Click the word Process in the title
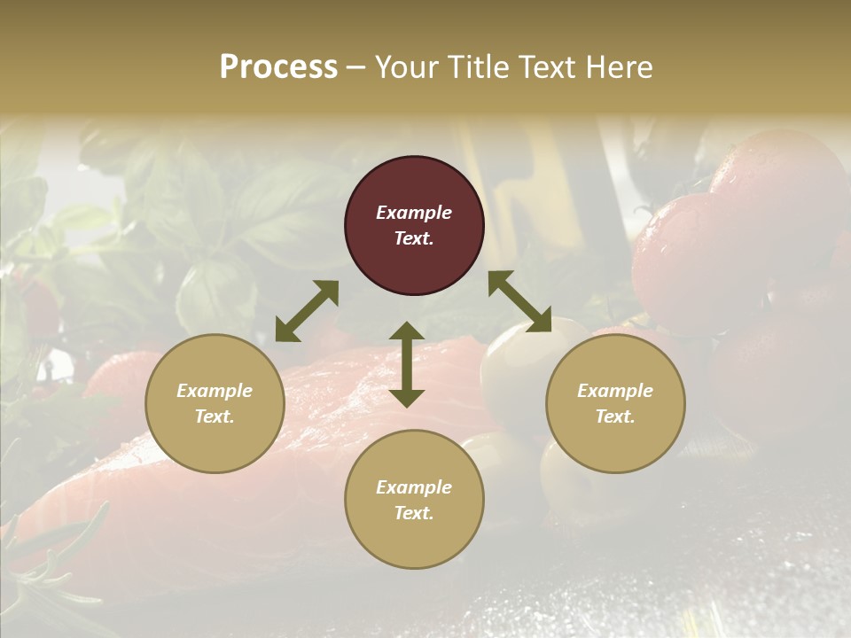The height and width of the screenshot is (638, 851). coord(278,67)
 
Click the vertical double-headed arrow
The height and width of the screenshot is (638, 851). coord(407,364)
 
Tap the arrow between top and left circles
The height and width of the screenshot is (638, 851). coord(307,311)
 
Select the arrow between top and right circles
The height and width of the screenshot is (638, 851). coord(519,301)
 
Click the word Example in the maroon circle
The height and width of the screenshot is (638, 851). coord(414,213)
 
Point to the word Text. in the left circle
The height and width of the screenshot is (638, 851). coord(215,416)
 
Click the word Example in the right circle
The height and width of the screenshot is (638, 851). coord(615,391)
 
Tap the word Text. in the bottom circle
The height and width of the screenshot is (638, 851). coord(414,513)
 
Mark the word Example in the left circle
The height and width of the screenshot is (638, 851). coord(215,391)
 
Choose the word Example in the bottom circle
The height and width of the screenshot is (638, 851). coord(414,487)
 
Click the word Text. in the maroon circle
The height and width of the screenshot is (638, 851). coord(414,238)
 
